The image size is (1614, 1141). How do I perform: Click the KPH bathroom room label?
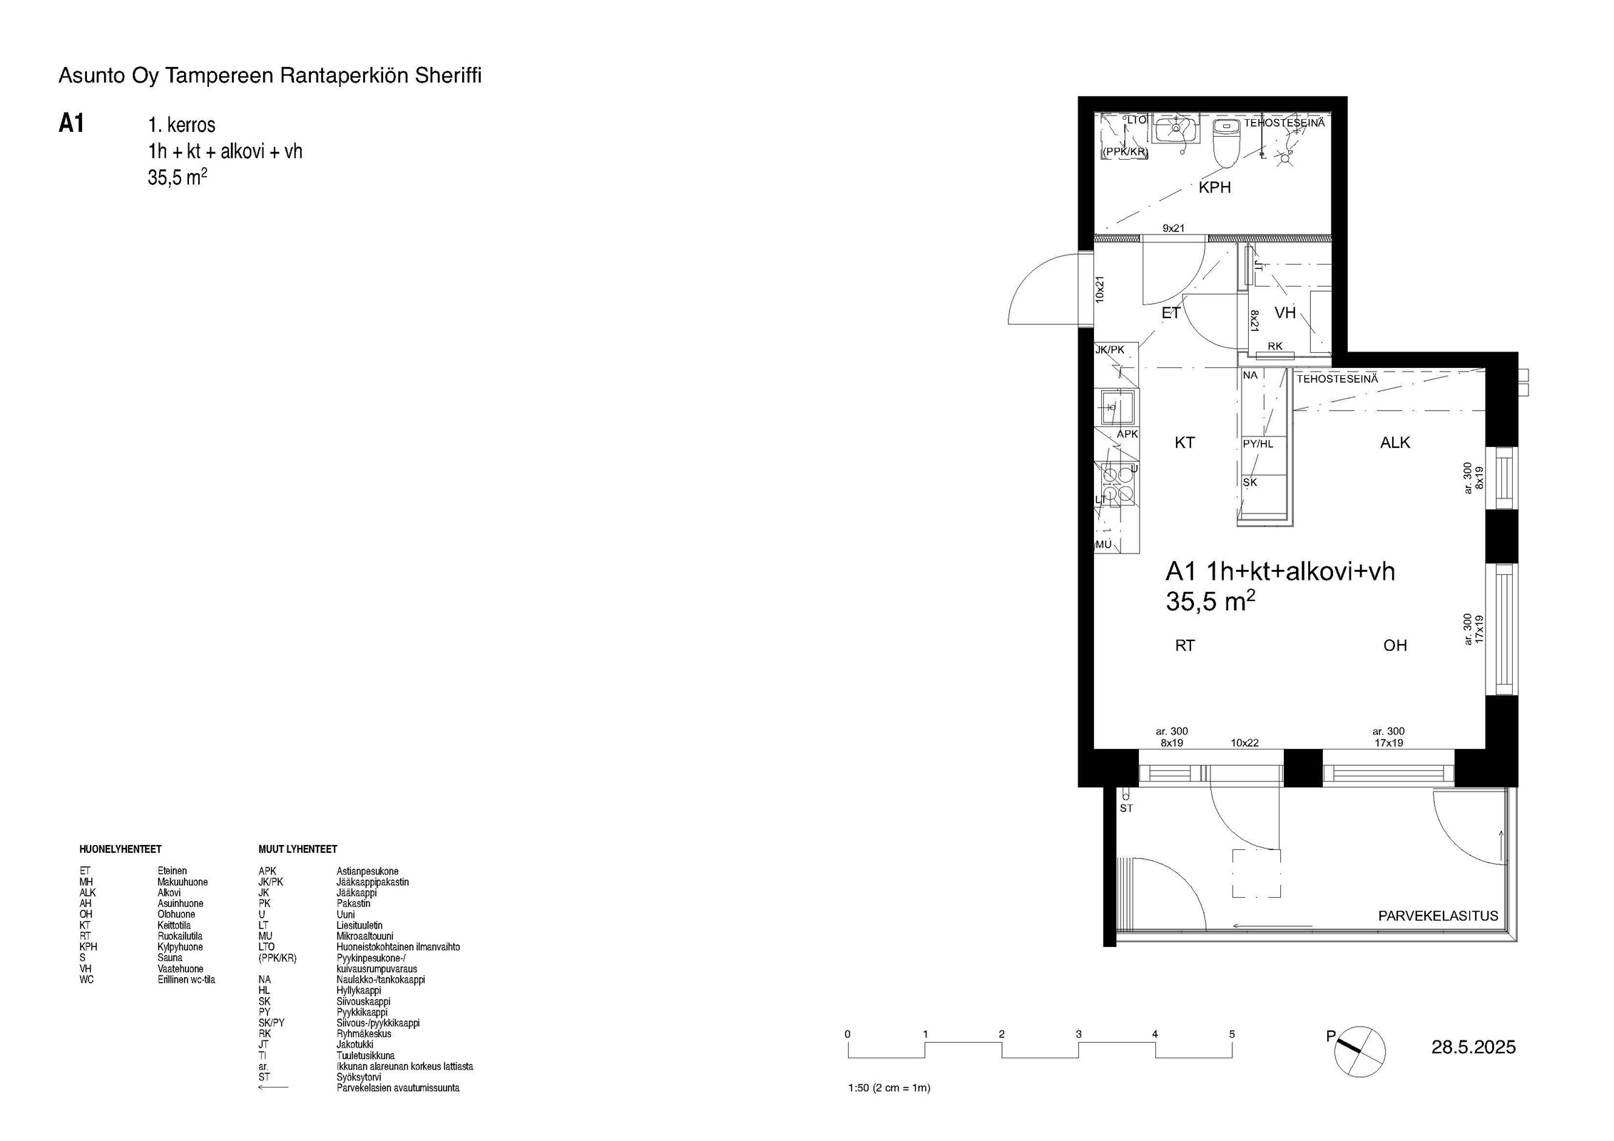pyautogui.click(x=1215, y=188)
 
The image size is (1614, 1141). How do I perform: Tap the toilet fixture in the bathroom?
pyautogui.click(x=1226, y=143)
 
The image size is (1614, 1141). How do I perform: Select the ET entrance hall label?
pyautogui.click(x=1171, y=312)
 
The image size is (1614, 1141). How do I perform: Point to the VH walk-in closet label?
pyautogui.click(x=1284, y=312)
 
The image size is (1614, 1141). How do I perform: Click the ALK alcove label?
pyautogui.click(x=1395, y=442)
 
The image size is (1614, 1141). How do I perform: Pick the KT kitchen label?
pyautogui.click(x=1184, y=442)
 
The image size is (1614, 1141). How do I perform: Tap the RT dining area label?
pyautogui.click(x=1185, y=645)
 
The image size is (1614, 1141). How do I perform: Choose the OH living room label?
pyautogui.click(x=1395, y=645)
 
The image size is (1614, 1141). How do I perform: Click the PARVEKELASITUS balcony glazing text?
pyautogui.click(x=1438, y=916)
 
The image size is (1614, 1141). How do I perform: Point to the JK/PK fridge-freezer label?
pyautogui.click(x=1110, y=349)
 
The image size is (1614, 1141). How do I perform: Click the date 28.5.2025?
pyautogui.click(x=1473, y=1047)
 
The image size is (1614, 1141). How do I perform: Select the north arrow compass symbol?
pyautogui.click(x=1359, y=1051)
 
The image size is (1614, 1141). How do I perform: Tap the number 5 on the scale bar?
pyautogui.click(x=1232, y=1034)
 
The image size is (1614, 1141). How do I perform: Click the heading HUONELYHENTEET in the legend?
pyautogui.click(x=121, y=849)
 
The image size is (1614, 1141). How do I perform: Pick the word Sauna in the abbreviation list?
pyautogui.click(x=170, y=958)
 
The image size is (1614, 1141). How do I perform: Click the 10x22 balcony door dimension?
pyautogui.click(x=1245, y=742)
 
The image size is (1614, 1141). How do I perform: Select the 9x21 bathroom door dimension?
pyautogui.click(x=1173, y=228)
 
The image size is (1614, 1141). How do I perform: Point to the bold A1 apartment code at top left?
pyautogui.click(x=71, y=124)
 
